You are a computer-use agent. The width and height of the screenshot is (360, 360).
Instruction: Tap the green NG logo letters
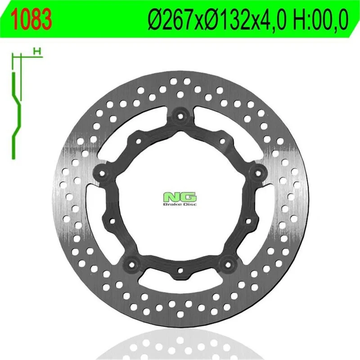[x=180, y=197]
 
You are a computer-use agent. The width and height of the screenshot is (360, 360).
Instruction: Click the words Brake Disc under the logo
[x=180, y=204]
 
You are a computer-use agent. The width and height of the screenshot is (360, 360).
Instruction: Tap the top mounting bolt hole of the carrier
[x=180, y=116]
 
